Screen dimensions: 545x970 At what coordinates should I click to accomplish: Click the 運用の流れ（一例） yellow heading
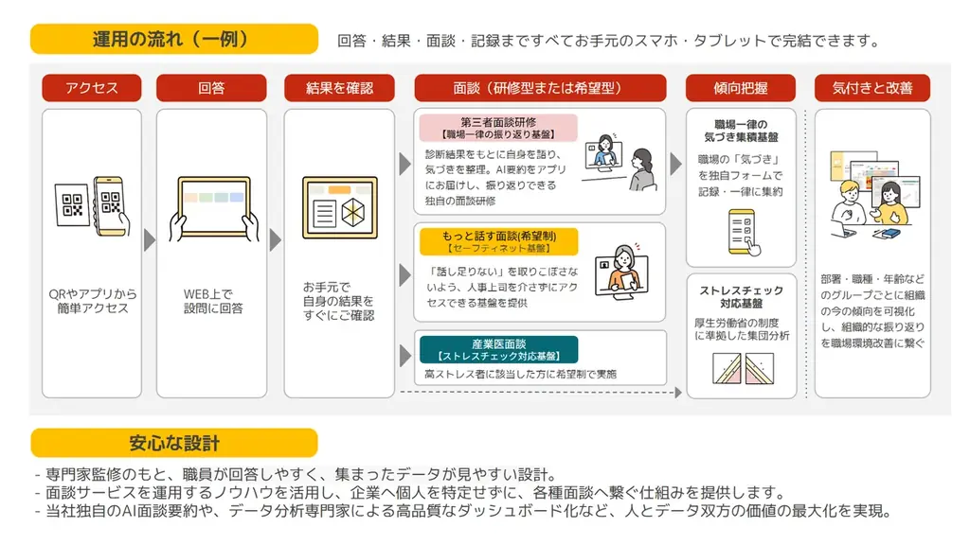coord(173,39)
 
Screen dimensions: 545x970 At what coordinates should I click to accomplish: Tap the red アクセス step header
coord(91,88)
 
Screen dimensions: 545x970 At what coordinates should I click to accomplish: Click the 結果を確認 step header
coord(339,88)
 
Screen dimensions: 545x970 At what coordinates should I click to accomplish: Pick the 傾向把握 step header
coord(741,88)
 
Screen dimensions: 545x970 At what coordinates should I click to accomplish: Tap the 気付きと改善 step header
coord(871,88)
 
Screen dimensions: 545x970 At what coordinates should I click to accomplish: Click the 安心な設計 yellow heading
coord(173,443)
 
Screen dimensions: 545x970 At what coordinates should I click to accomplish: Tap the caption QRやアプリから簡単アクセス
coord(91,301)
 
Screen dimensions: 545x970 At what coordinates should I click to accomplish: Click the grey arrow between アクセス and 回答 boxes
coord(149,240)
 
